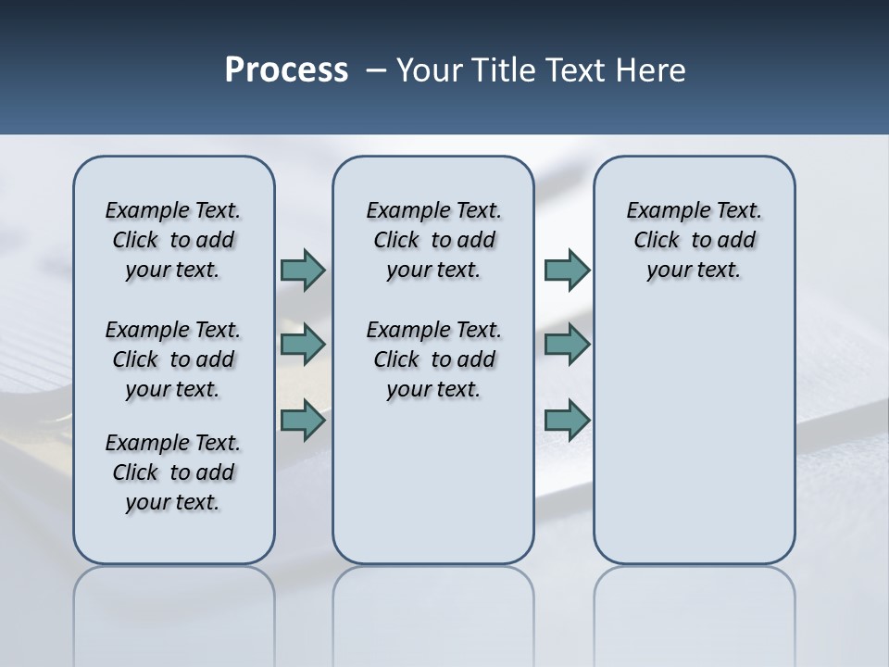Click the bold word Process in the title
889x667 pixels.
286,70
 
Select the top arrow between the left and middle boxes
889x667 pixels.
303,271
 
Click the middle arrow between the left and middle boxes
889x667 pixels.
303,345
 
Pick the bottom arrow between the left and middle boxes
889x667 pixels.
303,420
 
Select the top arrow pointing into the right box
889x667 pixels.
567,271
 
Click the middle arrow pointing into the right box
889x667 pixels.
567,345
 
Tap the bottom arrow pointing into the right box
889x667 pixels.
567,420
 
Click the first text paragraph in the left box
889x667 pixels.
173,240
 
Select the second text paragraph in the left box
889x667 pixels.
173,359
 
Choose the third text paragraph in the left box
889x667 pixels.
173,472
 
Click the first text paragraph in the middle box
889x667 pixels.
433,240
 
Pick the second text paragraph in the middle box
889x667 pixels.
433,359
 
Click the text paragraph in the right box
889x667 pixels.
694,240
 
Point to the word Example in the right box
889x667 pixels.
660,211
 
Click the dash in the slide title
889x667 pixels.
376,70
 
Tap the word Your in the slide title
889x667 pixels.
429,70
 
